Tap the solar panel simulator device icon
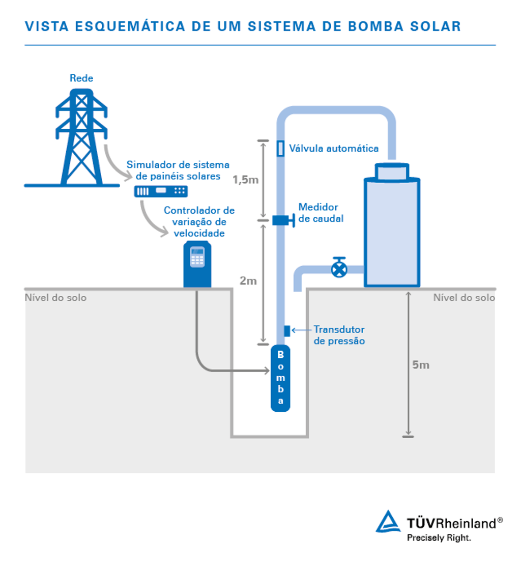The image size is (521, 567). click(x=160, y=191)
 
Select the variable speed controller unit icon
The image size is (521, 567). click(x=197, y=265)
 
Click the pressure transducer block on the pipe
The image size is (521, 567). click(x=286, y=331)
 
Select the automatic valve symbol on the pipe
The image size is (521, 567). click(x=280, y=149)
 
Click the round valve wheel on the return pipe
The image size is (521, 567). click(x=338, y=268)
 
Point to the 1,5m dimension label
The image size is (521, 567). click(x=245, y=180)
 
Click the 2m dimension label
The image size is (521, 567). click(x=248, y=281)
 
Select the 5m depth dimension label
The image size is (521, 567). click(x=421, y=365)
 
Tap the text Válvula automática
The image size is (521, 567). click(x=334, y=149)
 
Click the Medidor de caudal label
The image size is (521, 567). click(x=321, y=213)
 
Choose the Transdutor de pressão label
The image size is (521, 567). click(x=339, y=335)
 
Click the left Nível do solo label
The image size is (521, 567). click(x=55, y=298)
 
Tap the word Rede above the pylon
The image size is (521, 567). click(x=81, y=78)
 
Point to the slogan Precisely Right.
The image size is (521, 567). click(x=439, y=537)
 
